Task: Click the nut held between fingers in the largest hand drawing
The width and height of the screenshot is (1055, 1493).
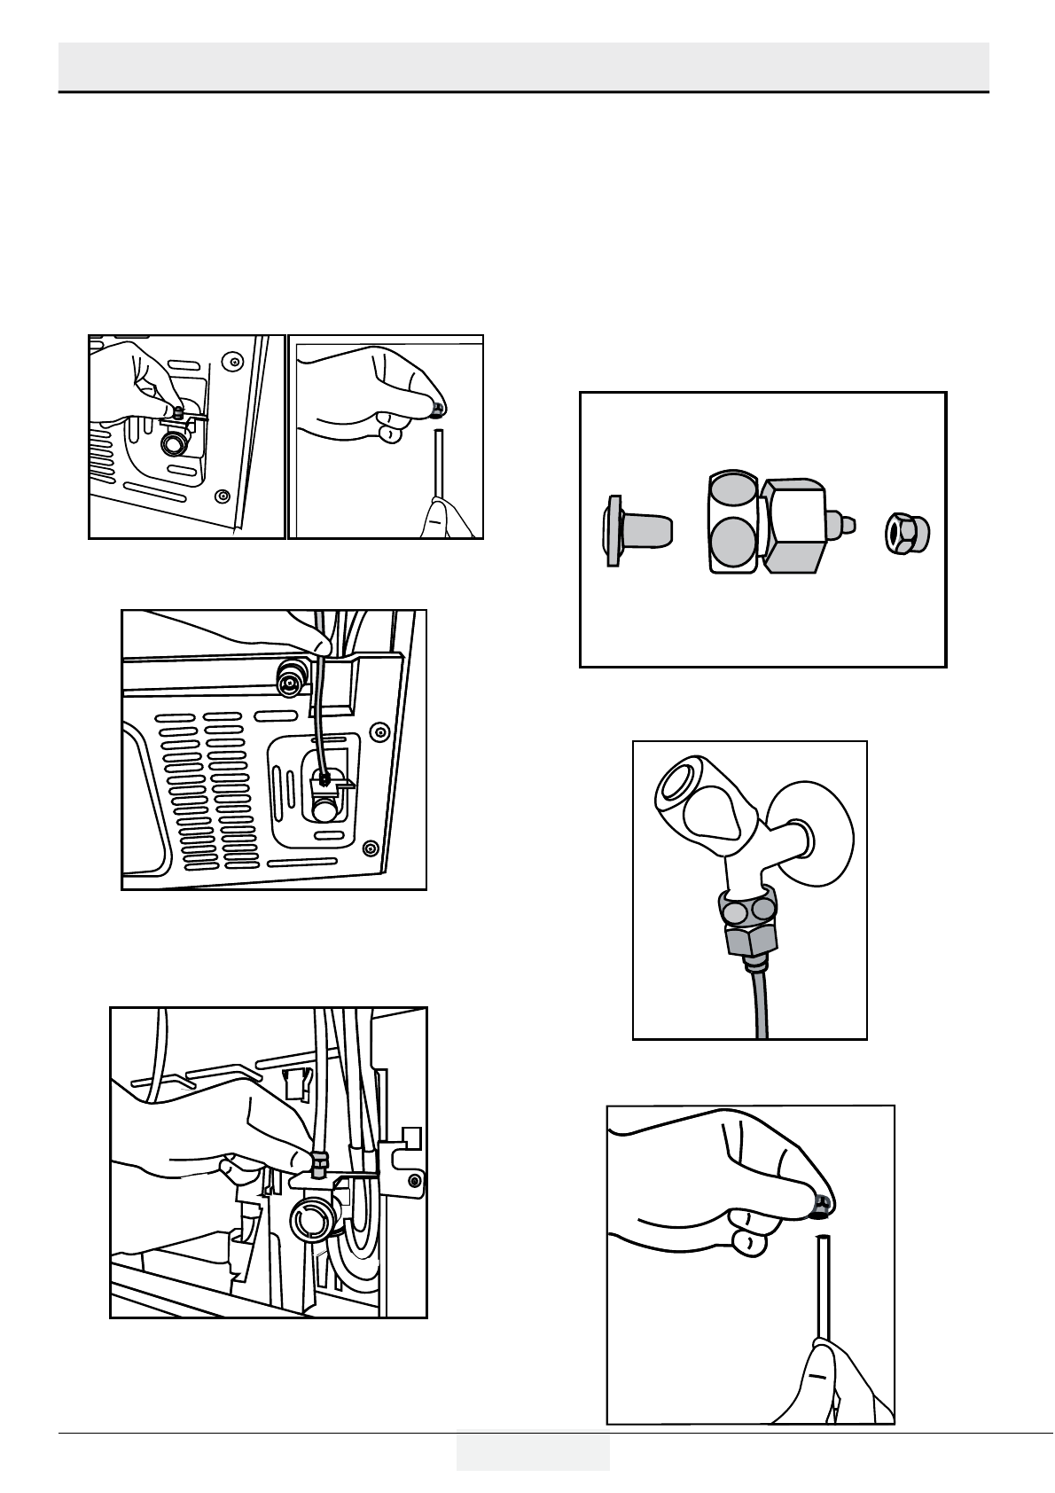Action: (x=822, y=1203)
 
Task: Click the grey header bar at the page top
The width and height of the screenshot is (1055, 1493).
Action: (x=523, y=64)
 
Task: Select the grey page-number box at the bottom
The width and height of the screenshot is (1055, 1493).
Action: (x=533, y=1449)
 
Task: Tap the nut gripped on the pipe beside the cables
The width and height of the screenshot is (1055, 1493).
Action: (x=320, y=1160)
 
